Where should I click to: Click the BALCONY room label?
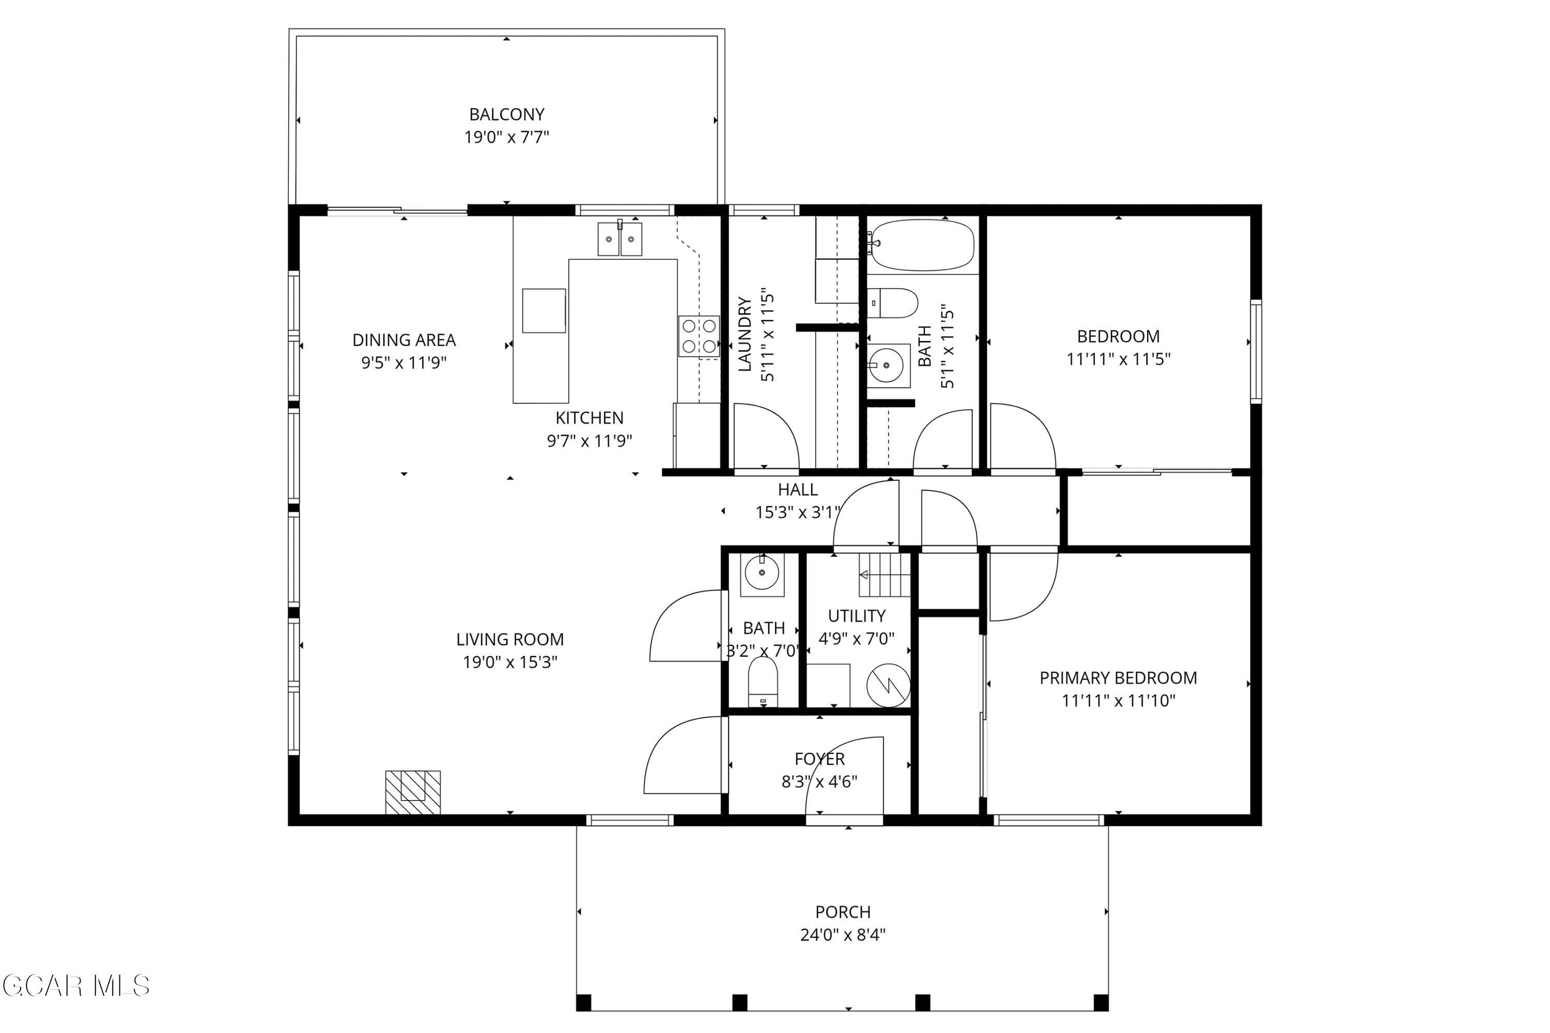point(506,114)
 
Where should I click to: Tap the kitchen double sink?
point(619,239)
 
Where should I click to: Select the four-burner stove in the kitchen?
point(699,336)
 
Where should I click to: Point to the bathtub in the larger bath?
point(922,245)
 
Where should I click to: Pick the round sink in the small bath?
point(762,573)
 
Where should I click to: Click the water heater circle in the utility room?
point(888,686)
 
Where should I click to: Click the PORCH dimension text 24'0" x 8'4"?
point(843,935)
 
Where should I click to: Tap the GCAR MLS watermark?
point(76,986)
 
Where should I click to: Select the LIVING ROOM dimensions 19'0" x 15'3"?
point(509,662)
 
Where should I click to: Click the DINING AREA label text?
point(404,340)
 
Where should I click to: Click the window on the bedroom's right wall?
point(1256,352)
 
